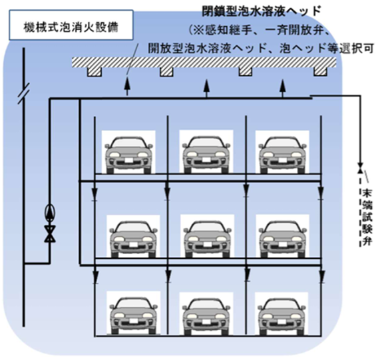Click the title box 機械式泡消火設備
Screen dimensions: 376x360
pyautogui.click(x=71, y=25)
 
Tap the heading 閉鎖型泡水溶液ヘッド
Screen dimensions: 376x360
pyautogui.click(x=261, y=11)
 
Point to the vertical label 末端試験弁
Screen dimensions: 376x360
pyautogui.click(x=366, y=218)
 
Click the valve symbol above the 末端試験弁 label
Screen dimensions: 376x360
pyautogui.click(x=360, y=168)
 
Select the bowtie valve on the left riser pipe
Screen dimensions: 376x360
pyautogui.click(x=50, y=234)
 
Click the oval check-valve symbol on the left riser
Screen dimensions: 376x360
pyautogui.click(x=50, y=212)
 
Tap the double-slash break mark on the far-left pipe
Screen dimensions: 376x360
pyautogui.click(x=23, y=94)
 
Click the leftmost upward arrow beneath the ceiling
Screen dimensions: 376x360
pyautogui.click(x=127, y=86)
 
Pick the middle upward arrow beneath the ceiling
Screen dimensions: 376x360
pyautogui.click(x=207, y=88)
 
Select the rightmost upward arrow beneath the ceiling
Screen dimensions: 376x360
pyautogui.click(x=283, y=88)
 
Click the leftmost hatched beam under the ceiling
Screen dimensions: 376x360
pyautogui.click(x=94, y=72)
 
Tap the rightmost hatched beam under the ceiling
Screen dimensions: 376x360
pyautogui.click(x=321, y=71)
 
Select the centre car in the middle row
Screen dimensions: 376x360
pyautogui.click(x=207, y=239)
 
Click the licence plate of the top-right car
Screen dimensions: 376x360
pyautogui.click(x=282, y=160)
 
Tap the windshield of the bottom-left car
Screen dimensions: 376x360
pyautogui.click(x=134, y=304)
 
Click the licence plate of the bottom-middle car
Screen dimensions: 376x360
pyautogui.click(x=207, y=321)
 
